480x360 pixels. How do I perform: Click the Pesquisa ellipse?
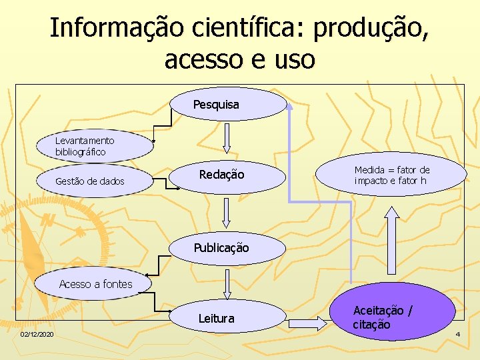tap(229, 104)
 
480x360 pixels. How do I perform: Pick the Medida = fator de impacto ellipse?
tap(392, 175)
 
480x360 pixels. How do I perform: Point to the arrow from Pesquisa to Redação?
tap(227, 138)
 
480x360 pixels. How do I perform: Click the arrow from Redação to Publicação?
tap(227, 213)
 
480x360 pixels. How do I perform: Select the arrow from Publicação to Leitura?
tap(227, 283)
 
